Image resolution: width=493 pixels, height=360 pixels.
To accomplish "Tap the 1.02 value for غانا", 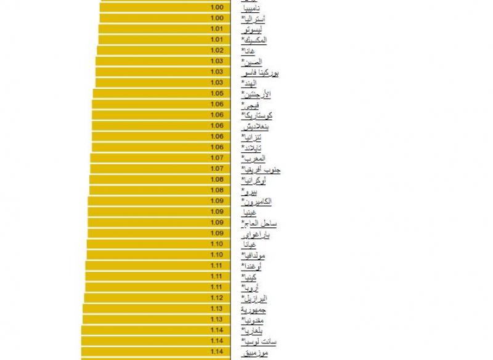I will [x=216, y=51].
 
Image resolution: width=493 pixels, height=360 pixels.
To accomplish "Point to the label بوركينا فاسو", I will [x=261, y=73].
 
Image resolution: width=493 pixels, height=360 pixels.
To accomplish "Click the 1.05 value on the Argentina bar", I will [x=216, y=94].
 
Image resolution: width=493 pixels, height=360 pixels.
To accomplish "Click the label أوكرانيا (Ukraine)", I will [x=255, y=180].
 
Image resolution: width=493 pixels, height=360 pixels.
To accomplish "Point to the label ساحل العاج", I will [x=259, y=223].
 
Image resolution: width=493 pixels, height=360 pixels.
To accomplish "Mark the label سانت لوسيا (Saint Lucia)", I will [x=259, y=341].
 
